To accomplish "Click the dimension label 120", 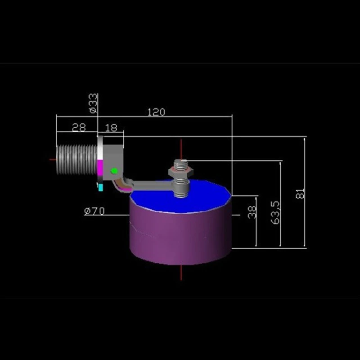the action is tap(156, 112).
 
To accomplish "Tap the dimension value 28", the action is tap(79, 127).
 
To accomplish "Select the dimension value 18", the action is tap(111, 128).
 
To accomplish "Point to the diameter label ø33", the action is tap(93, 103).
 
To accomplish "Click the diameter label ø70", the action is tap(94, 211).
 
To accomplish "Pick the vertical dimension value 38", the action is tap(252, 211).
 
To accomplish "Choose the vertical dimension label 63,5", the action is tap(275, 212).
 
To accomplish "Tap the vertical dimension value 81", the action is tap(300, 193).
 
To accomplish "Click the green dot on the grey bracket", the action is tap(114, 171).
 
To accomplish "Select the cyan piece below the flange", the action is tap(100, 187).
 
